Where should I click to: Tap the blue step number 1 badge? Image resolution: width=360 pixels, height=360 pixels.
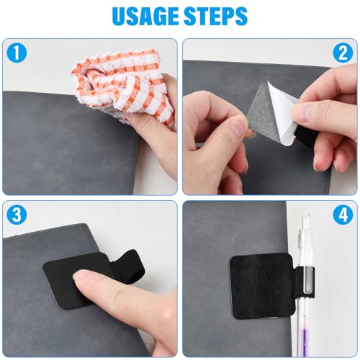pyautogui.click(x=14, y=51)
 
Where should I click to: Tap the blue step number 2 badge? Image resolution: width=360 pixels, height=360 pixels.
pyautogui.click(x=344, y=51)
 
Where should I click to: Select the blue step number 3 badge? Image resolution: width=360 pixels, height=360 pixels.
pyautogui.click(x=14, y=214)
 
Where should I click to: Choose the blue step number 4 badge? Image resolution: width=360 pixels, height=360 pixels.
pyautogui.click(x=344, y=214)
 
